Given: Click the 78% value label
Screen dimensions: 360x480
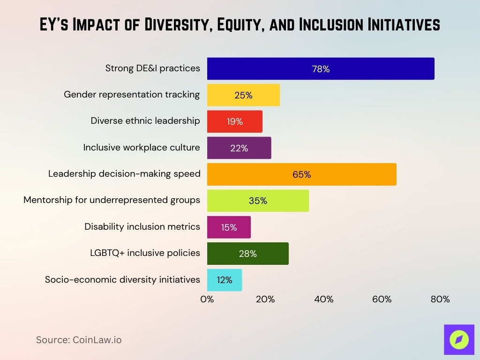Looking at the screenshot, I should point(321,69).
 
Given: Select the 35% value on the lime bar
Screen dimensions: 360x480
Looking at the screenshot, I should point(258,201).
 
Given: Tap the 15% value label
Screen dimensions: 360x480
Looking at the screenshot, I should point(229,227).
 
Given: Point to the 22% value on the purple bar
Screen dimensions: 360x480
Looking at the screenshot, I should point(239,148).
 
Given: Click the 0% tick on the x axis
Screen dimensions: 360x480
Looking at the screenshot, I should point(207,299).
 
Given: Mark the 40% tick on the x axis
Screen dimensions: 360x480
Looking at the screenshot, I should point(323,299).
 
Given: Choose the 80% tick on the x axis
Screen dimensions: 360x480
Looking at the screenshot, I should point(440,299).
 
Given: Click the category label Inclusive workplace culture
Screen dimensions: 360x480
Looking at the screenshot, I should point(142,147).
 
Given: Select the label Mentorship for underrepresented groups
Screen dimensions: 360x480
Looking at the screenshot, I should point(112,200).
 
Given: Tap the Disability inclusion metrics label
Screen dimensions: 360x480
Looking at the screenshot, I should point(142,226).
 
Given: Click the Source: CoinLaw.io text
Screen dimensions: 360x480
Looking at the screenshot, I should point(79,340).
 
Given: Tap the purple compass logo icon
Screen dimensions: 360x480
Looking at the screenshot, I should point(458,339).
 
